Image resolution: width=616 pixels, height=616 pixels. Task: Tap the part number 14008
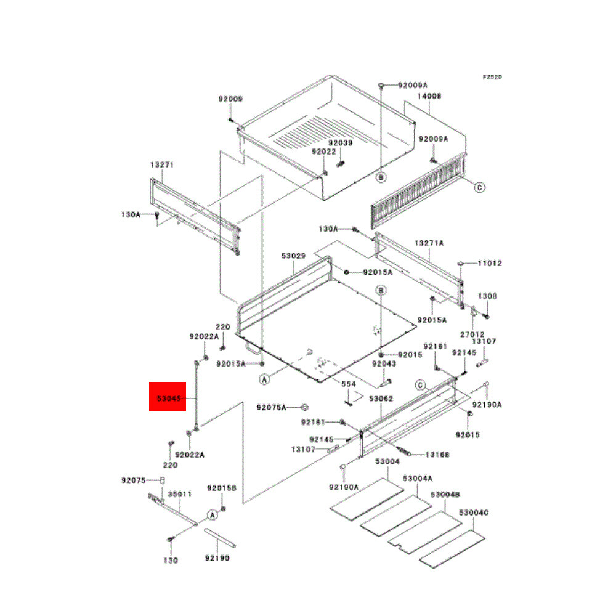429,96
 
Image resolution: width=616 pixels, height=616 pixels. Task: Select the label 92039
340,143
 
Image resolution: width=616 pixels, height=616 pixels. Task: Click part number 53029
294,255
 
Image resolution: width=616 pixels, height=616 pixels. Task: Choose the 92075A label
272,407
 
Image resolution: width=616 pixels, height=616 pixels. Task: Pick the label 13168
437,455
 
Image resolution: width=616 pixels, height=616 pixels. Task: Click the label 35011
180,493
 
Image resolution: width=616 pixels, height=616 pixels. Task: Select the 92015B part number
222,488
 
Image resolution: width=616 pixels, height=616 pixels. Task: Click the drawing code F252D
492,77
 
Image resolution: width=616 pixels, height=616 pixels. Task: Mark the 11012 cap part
461,264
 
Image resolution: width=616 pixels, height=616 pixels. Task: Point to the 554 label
349,384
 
